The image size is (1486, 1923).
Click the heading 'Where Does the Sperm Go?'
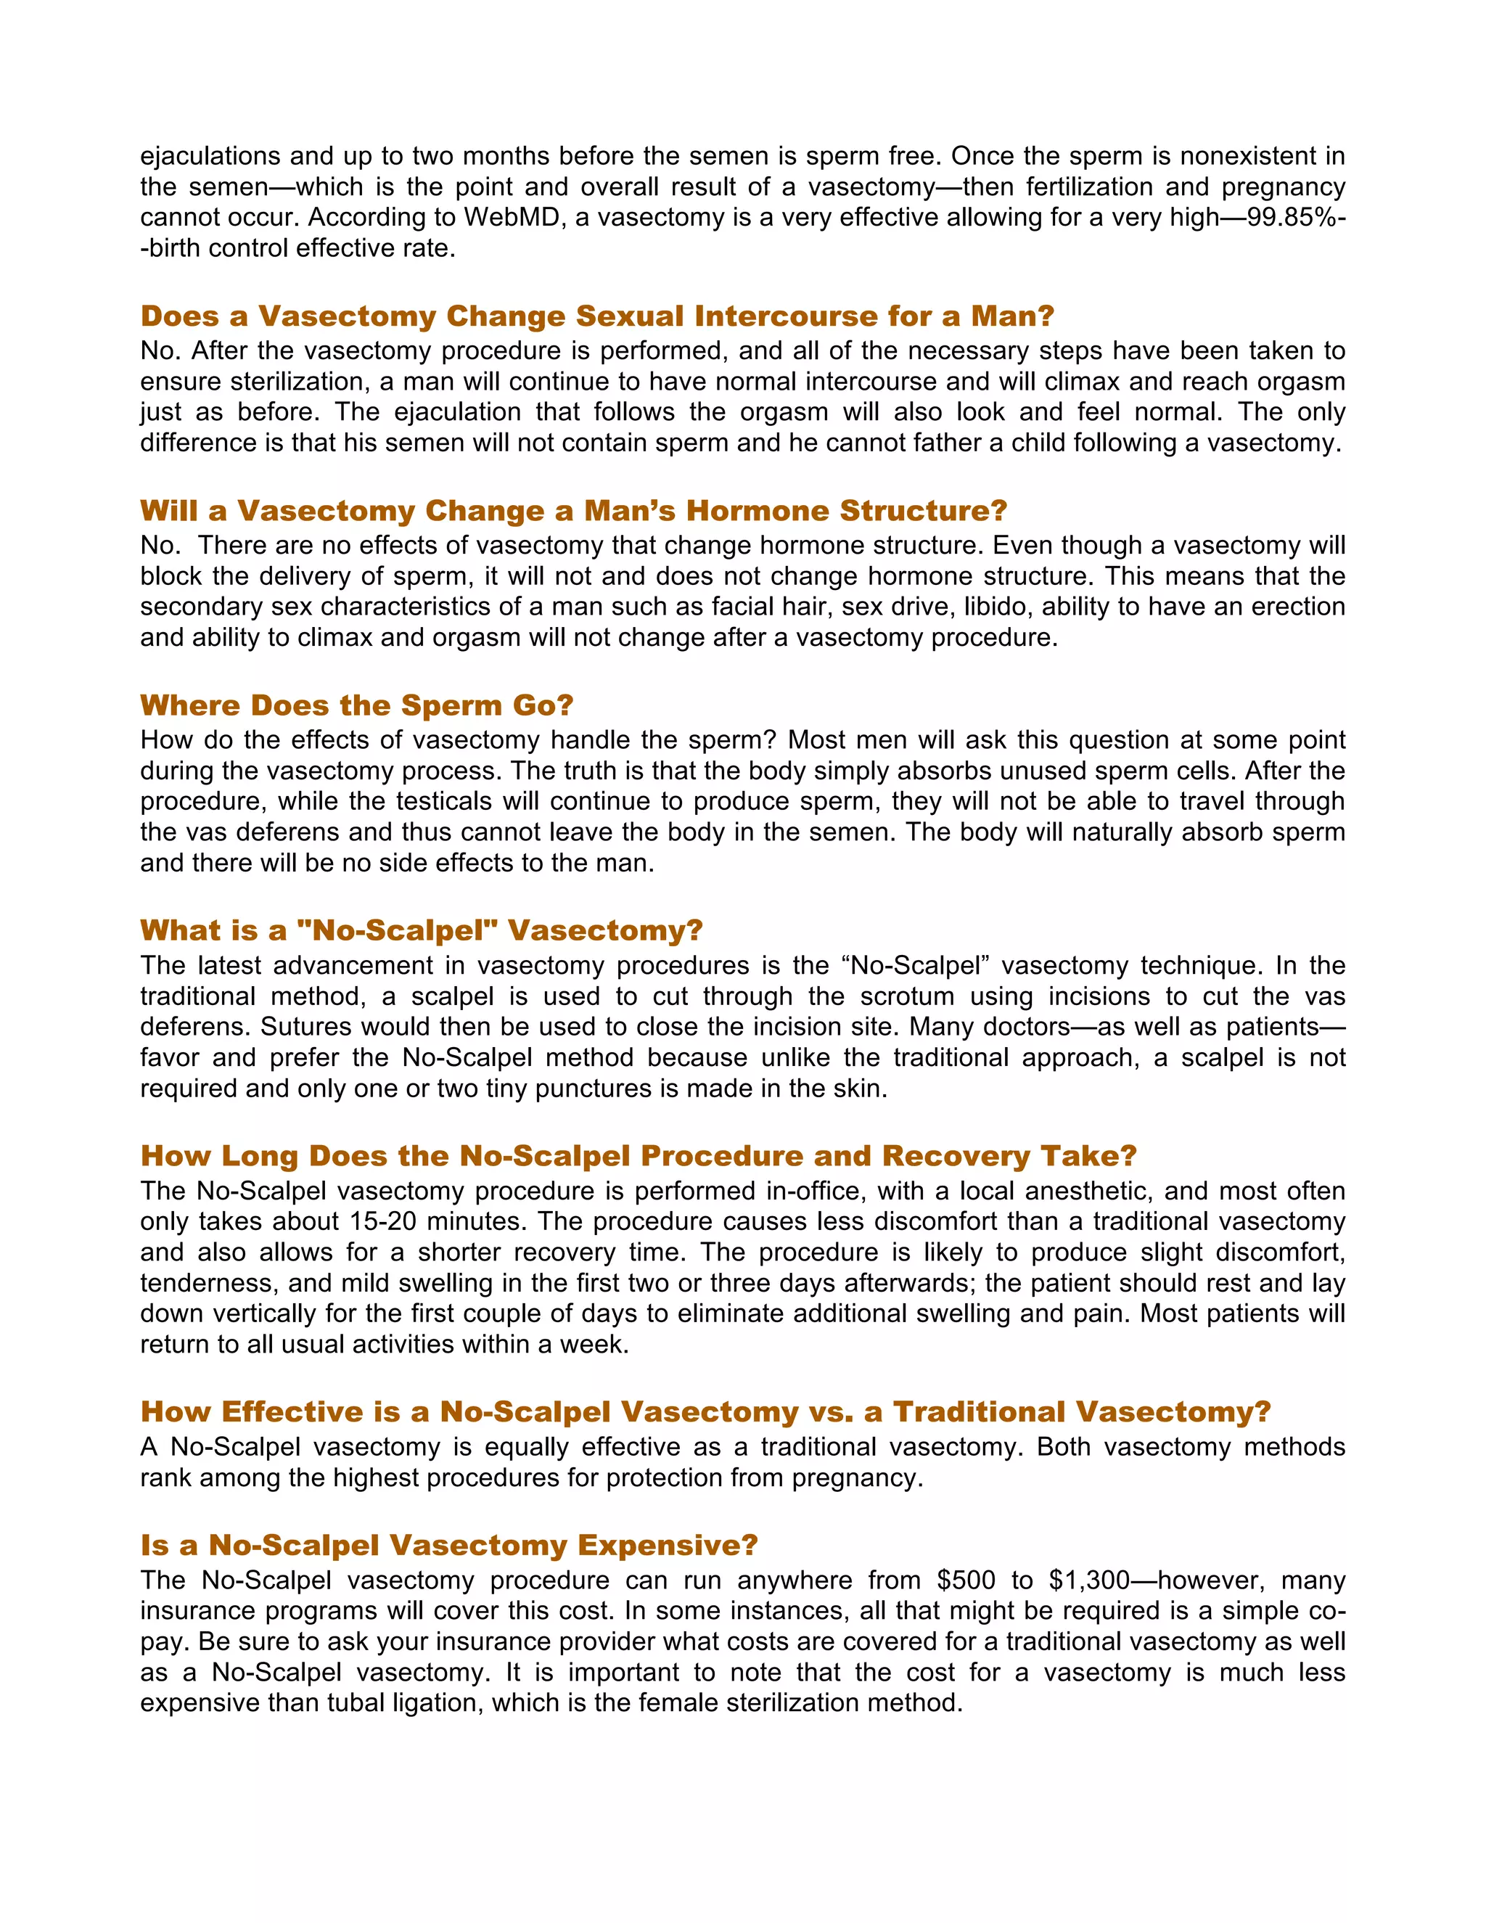[356, 705]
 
